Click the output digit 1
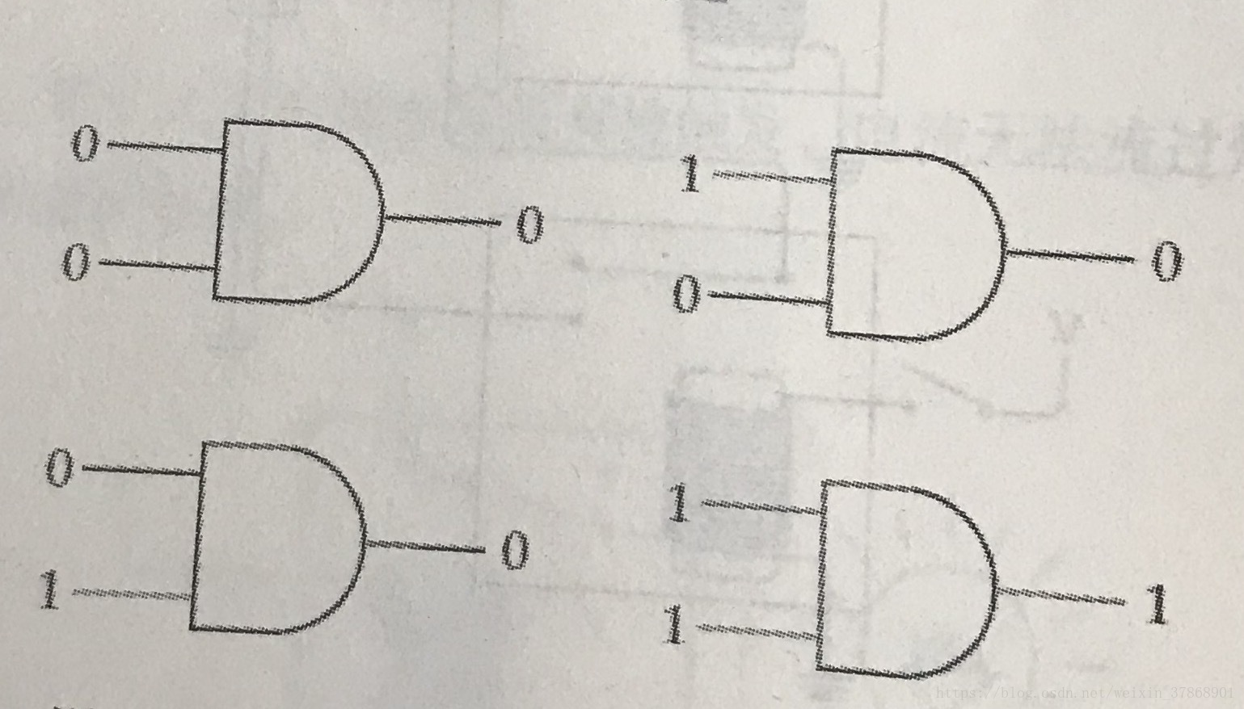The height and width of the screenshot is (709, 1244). [1158, 605]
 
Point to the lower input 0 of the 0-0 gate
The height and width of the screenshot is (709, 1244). [75, 263]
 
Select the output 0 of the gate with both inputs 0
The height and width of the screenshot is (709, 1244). [529, 224]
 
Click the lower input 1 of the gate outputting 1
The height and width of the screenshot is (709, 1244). [673, 626]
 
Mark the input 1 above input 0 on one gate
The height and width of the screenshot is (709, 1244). [689, 175]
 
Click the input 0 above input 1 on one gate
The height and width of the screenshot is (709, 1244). [59, 468]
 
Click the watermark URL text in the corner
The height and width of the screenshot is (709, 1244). [1084, 694]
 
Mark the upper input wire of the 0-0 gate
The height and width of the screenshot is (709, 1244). [166, 147]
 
